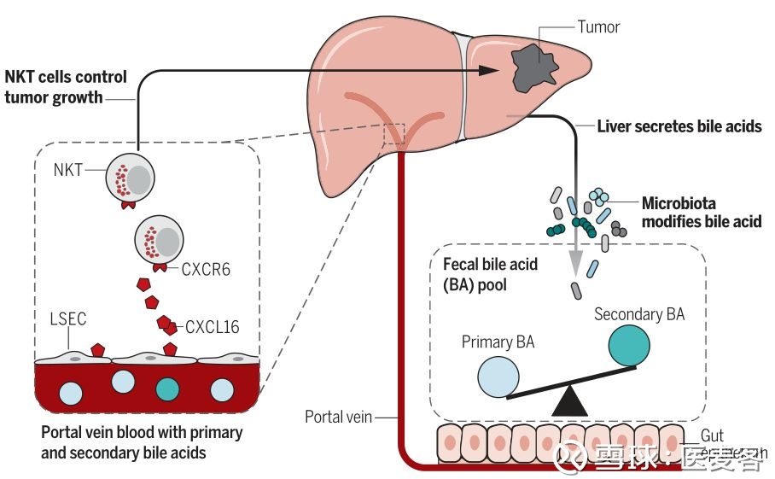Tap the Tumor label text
[598, 26]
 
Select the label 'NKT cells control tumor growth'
[66, 86]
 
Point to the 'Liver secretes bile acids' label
[679, 126]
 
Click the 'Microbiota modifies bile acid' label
[702, 213]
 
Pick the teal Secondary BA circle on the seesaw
[633, 344]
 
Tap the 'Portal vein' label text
[339, 417]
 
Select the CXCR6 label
[207, 270]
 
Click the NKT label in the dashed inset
[67, 169]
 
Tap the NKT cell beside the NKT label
[131, 178]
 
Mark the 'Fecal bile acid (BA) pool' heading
[491, 274]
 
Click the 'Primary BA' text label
[498, 342]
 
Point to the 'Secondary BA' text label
[639, 314]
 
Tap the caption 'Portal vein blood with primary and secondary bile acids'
[142, 442]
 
